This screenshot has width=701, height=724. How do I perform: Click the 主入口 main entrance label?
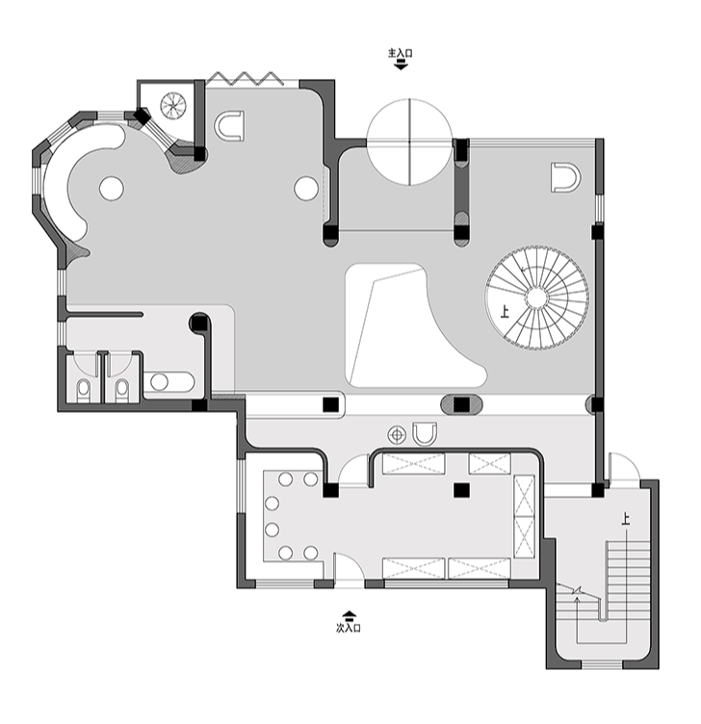pos(400,53)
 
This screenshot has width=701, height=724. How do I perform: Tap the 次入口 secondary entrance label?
pos(349,628)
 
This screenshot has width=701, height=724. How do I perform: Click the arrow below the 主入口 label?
pos(401,65)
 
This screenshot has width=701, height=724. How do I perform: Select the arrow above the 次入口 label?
pos(349,615)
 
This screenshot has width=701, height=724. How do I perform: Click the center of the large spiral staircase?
pos(536,297)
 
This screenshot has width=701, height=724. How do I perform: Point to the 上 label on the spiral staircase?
pos(505,313)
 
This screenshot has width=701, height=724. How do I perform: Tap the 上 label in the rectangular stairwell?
pos(626,520)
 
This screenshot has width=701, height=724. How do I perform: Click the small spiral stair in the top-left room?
pos(173,105)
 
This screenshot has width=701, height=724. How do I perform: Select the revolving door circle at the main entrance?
pos(409,142)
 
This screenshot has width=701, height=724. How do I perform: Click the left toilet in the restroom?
pos(83,390)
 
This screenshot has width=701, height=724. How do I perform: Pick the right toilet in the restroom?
pos(122,390)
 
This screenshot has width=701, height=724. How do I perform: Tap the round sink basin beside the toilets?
pos(159,381)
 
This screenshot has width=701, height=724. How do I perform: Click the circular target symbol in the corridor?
pos(397,434)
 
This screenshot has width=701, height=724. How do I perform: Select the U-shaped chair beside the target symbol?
pos(425,434)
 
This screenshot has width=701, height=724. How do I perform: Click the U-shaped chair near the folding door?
pos(229,125)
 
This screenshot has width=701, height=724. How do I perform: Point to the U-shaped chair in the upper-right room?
pos(565,177)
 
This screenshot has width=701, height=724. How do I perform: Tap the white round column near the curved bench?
pos(111,189)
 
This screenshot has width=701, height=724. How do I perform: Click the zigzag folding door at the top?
pos(245,79)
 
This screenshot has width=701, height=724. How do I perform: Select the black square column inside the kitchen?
pos(461,490)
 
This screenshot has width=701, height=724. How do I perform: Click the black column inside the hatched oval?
pos(462,405)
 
